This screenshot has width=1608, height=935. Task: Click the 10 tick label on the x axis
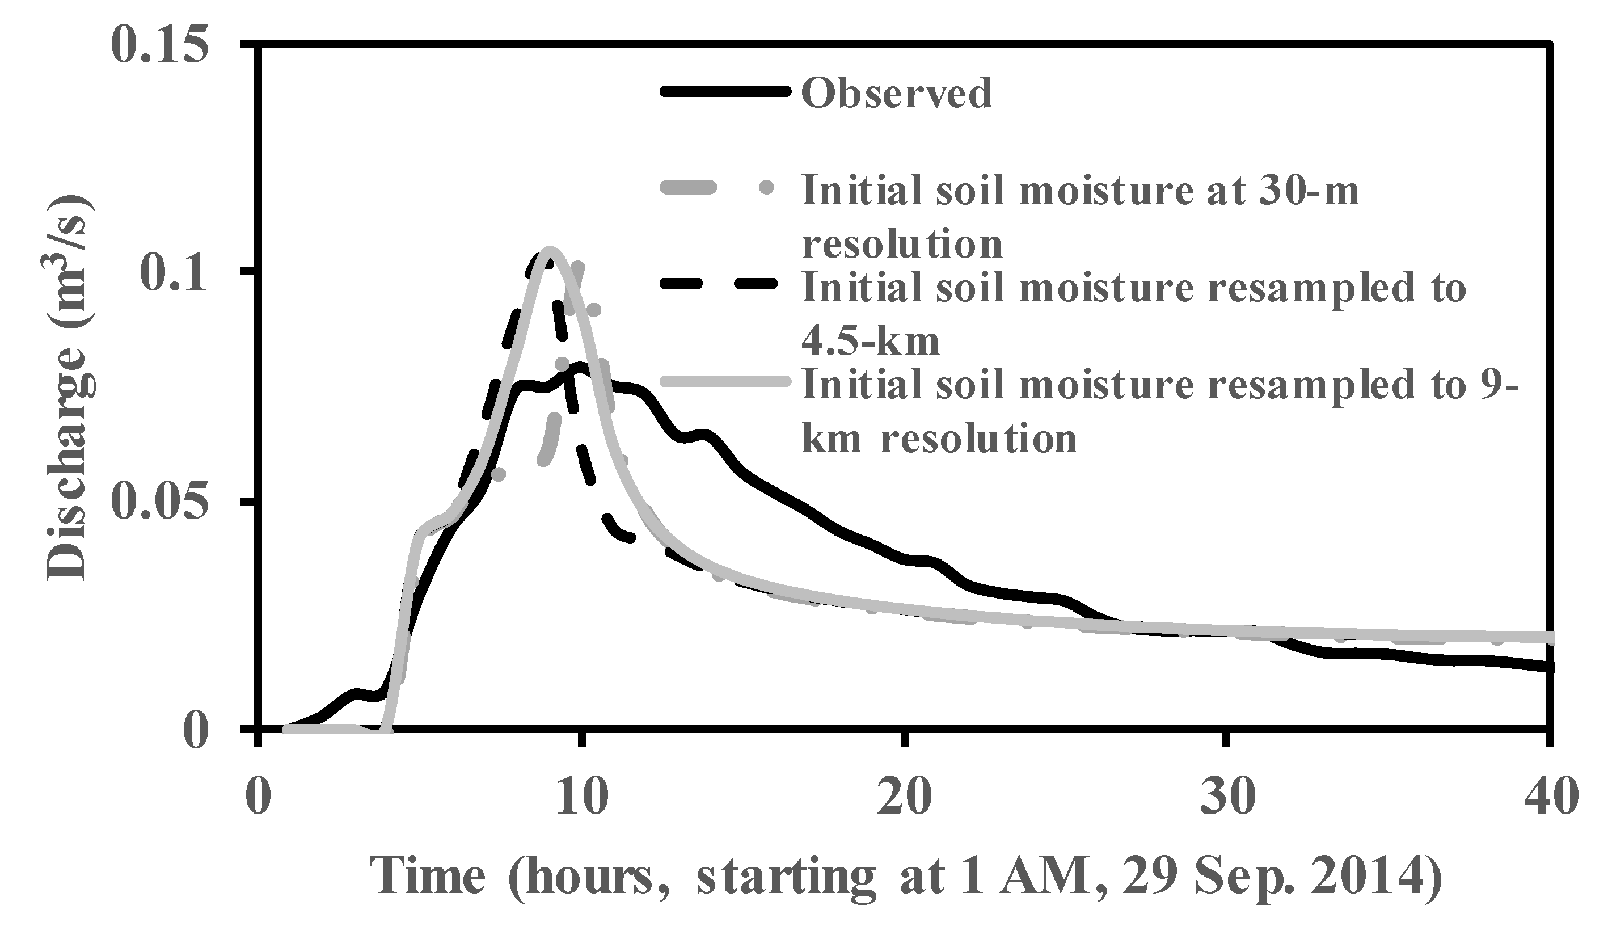581,797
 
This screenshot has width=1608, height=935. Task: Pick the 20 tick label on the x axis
904,797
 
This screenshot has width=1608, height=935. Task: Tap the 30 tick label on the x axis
1227,797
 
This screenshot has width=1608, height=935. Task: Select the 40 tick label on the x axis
1550,797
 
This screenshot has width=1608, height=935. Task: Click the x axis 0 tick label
258,797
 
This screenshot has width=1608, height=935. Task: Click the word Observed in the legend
897,93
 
